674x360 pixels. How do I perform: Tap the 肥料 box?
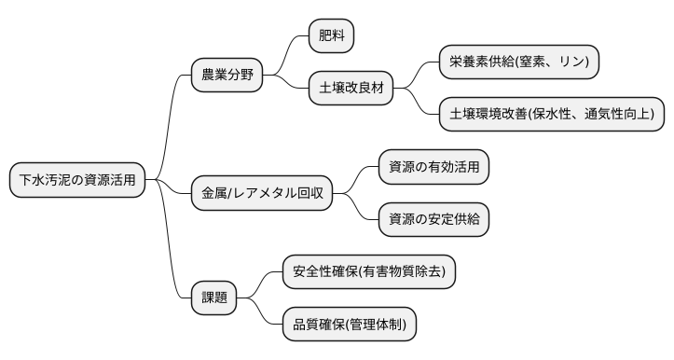[x=331, y=37]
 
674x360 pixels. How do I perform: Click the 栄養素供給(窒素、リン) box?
[x=518, y=62]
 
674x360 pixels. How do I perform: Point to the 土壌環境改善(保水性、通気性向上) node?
[x=552, y=115]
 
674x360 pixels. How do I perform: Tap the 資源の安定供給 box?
[x=433, y=219]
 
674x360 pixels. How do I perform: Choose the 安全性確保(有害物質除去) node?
[x=368, y=272]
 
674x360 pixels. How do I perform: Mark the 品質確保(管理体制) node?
[x=349, y=325]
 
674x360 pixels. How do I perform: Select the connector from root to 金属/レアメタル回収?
[x=172, y=187]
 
